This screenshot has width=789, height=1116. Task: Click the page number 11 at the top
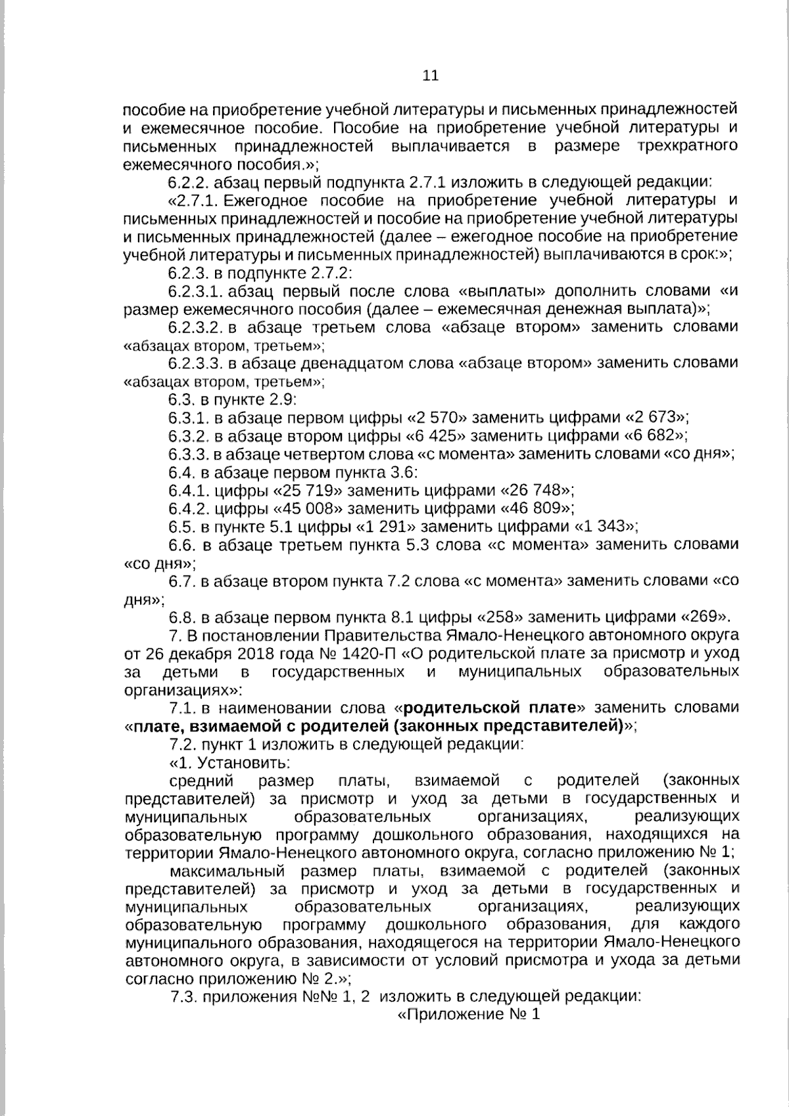[430, 76]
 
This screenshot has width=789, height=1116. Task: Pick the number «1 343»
[606, 526]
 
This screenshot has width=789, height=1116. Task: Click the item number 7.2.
[183, 744]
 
